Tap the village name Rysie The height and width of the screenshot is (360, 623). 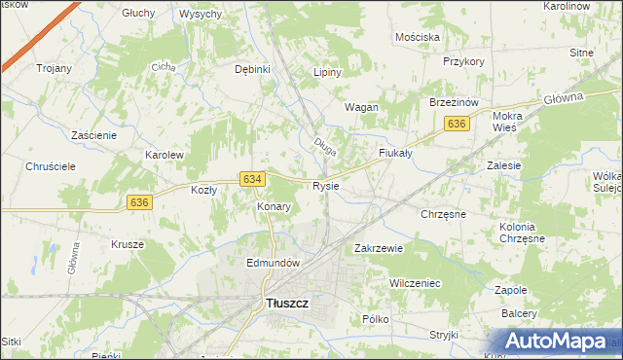click(x=325, y=186)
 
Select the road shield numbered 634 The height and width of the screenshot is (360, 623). click(x=252, y=179)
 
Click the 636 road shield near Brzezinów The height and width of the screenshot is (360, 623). click(x=458, y=124)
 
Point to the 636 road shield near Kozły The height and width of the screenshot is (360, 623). click(x=139, y=201)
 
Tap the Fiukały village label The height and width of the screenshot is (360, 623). click(x=395, y=153)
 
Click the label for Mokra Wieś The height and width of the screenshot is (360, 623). click(x=513, y=121)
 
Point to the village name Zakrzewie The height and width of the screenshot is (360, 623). click(x=379, y=248)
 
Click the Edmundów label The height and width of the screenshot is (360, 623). click(x=272, y=263)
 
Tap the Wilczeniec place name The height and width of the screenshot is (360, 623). click(x=416, y=282)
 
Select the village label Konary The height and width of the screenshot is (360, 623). click(x=274, y=207)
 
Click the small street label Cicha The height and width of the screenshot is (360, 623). click(x=162, y=68)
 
